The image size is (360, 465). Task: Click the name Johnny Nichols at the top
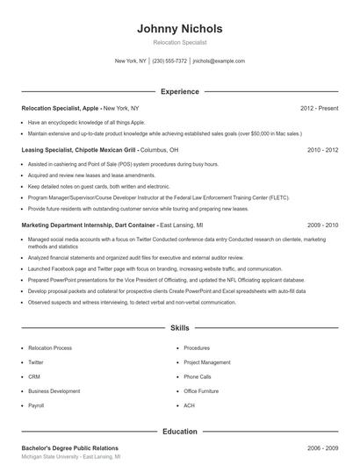(179, 28)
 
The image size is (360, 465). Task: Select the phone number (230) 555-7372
(169, 61)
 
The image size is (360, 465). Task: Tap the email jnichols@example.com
(219, 61)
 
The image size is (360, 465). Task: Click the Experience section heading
(179, 91)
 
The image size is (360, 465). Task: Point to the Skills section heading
(179, 327)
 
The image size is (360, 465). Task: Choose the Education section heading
(179, 431)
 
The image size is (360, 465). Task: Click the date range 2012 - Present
(319, 108)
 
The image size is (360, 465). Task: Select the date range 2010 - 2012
(322, 150)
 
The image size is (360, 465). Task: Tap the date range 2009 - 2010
(322, 225)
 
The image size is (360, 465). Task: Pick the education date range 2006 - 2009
(322, 447)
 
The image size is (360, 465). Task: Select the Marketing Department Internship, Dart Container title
(89, 225)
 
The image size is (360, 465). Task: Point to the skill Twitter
(36, 361)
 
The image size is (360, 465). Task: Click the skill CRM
(35, 376)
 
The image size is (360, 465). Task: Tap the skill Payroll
(36, 405)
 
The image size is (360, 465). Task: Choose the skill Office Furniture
(201, 391)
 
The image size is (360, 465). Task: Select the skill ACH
(189, 405)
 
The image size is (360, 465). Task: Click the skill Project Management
(206, 361)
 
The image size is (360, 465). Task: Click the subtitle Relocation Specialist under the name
(179, 42)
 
